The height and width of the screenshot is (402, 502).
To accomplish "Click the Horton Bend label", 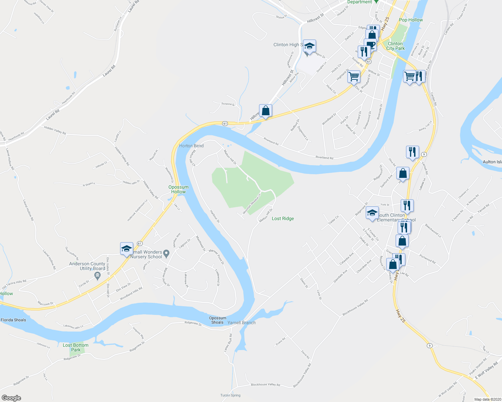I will (x=191, y=146).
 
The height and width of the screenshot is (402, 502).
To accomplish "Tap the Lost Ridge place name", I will (x=283, y=218).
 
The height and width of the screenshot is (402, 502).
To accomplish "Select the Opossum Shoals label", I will (x=217, y=320).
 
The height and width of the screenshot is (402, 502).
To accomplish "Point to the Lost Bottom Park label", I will (x=76, y=347).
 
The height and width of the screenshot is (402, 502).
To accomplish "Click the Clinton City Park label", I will (x=395, y=46).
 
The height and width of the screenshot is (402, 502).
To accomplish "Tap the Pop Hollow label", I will (x=411, y=20).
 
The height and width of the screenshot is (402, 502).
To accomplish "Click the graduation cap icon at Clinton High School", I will (x=309, y=46).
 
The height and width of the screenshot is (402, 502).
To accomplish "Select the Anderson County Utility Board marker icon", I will (x=98, y=276).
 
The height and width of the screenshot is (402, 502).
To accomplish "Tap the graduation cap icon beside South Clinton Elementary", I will (x=372, y=213).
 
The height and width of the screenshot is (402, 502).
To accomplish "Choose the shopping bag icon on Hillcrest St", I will (x=265, y=111).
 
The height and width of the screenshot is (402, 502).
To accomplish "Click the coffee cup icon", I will (x=370, y=45).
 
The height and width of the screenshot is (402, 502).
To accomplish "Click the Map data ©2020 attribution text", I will (x=487, y=399).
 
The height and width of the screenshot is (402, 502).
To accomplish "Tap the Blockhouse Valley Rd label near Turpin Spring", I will (x=265, y=385).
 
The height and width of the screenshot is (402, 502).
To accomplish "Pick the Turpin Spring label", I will (x=231, y=395).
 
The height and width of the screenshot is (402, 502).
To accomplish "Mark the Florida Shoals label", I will (x=13, y=320).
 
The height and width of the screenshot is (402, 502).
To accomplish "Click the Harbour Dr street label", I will (x=215, y=216).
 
